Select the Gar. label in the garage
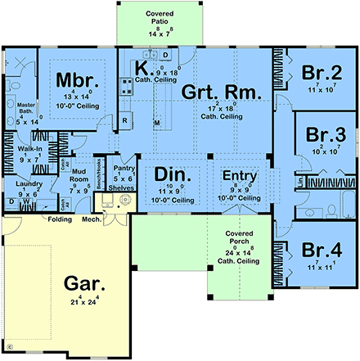[x=85, y=286]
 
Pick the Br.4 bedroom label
[x=320, y=250]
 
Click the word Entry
[x=241, y=175]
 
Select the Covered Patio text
[x=153, y=20]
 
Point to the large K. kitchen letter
[x=141, y=69]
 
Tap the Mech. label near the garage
[x=91, y=219]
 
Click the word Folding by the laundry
[x=59, y=219]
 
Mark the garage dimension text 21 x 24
[x=86, y=305]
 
